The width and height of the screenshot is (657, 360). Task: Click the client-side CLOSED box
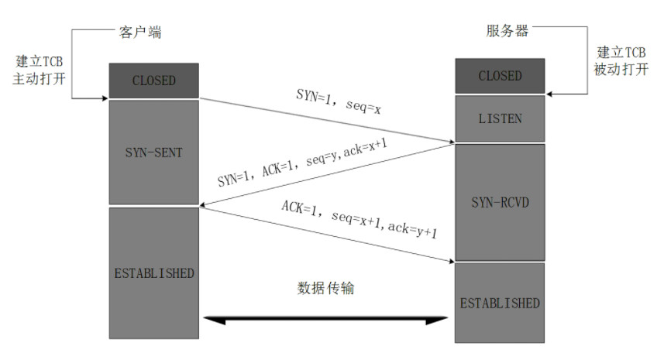(x=153, y=81)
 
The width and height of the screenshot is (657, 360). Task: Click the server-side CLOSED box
(x=500, y=76)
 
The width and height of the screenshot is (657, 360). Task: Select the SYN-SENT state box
(x=153, y=152)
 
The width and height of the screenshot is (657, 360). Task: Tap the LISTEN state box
(x=500, y=118)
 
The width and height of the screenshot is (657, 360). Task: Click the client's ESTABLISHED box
(x=153, y=273)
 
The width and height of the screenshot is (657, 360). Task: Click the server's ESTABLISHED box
(x=500, y=302)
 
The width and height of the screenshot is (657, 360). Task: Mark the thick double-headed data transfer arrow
(x=325, y=318)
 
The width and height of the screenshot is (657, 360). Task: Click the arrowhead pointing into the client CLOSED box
(x=104, y=98)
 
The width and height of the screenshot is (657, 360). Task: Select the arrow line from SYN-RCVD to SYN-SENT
(x=325, y=175)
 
